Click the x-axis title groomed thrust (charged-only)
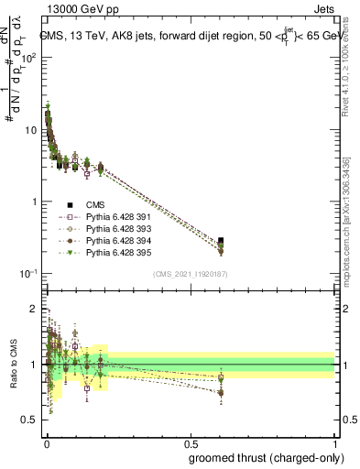tap(272, 458)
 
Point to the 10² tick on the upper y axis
tap(29, 57)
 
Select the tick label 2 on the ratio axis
tap(34, 309)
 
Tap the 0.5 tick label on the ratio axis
tap(31, 420)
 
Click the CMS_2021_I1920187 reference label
tap(190, 274)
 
